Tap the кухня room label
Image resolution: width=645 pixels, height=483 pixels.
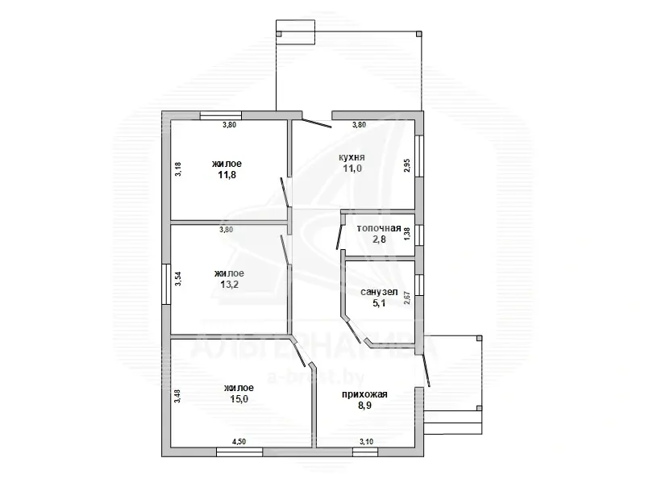352,158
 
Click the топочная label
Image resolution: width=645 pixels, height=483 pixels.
379,228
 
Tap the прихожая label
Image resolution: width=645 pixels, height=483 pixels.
365,394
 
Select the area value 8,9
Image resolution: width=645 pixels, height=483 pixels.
365,406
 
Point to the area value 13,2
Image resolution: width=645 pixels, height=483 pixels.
228,284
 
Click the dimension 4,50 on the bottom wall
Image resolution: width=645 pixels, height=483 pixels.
239,441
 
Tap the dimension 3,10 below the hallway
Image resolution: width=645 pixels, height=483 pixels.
366,441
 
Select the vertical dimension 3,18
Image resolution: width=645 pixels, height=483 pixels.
178,169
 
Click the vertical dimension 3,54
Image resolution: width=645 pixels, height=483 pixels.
178,279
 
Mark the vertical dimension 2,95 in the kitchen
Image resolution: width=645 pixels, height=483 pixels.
407,165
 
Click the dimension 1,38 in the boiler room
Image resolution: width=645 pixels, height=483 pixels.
407,234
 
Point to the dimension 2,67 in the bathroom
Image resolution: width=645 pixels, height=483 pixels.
407,298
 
